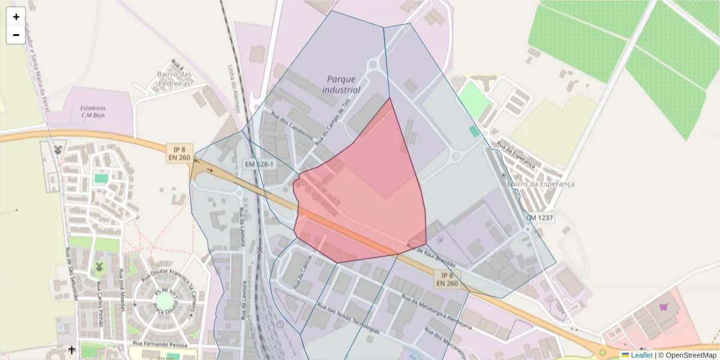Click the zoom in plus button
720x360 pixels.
[16, 17]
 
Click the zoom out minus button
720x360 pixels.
[16, 35]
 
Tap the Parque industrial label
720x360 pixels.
[341, 85]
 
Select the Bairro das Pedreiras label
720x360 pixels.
[174, 79]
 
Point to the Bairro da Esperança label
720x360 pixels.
[541, 184]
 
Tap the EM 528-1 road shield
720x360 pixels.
[259, 164]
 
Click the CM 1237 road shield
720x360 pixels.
[539, 217]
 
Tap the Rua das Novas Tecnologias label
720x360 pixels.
[349, 321]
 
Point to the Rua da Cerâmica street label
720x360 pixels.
[301, 273]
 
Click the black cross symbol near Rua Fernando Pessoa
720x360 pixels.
[72, 349]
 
